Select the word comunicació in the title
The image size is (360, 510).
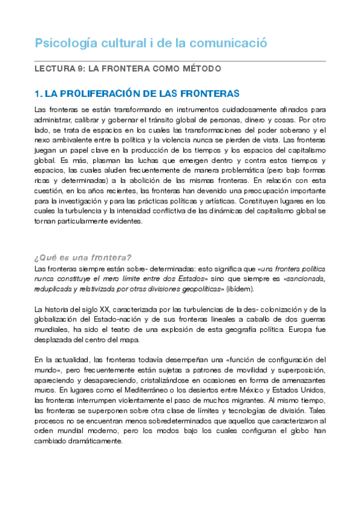(x=227, y=44)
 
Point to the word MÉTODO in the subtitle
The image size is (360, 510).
(x=200, y=69)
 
